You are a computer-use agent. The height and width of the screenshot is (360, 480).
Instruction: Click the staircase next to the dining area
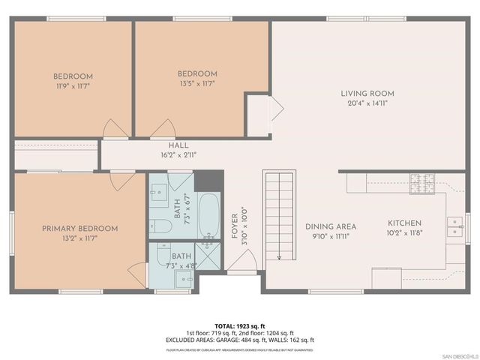pyautogui.click(x=277, y=214)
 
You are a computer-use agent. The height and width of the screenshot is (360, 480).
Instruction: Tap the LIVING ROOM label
pyautogui.click(x=367, y=94)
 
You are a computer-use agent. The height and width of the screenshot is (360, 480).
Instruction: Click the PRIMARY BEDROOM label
pyautogui.click(x=79, y=228)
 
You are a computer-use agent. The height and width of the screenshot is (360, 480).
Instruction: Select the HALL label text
pyautogui.click(x=178, y=146)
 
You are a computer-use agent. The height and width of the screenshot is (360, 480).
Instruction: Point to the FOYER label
pyautogui.click(x=234, y=225)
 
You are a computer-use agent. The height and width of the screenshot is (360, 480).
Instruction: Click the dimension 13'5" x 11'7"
pyautogui.click(x=197, y=83)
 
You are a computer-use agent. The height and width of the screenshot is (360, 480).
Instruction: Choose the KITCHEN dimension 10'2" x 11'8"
pyautogui.click(x=404, y=233)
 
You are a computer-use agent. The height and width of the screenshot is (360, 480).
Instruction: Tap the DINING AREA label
pyautogui.click(x=330, y=226)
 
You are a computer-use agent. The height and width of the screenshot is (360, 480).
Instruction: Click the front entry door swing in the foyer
pyautogui.click(x=242, y=260)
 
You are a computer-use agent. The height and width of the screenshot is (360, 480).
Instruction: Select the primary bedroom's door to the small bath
pyautogui.click(x=136, y=271)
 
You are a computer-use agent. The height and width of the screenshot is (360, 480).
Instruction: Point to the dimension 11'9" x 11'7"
pyautogui.click(x=73, y=86)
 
